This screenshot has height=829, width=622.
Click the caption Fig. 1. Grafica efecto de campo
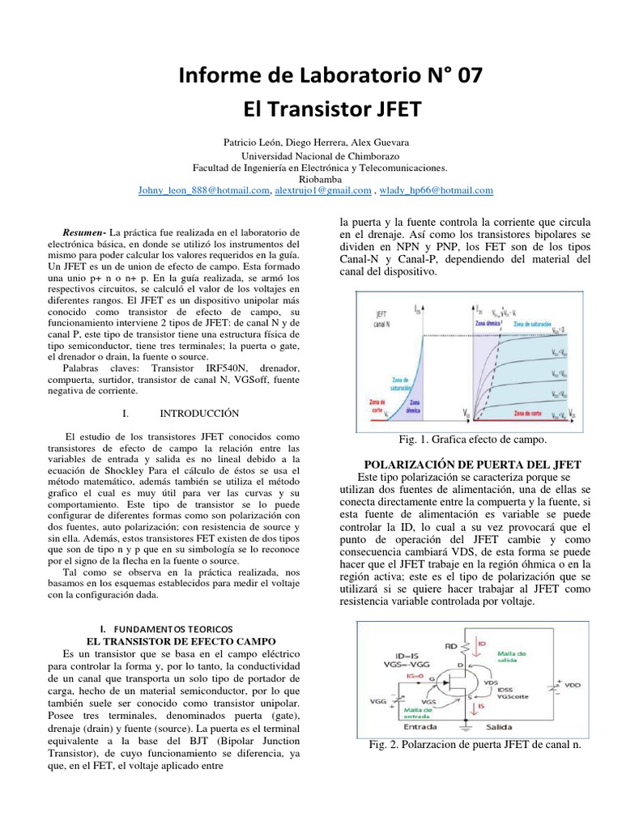click(473, 439)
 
